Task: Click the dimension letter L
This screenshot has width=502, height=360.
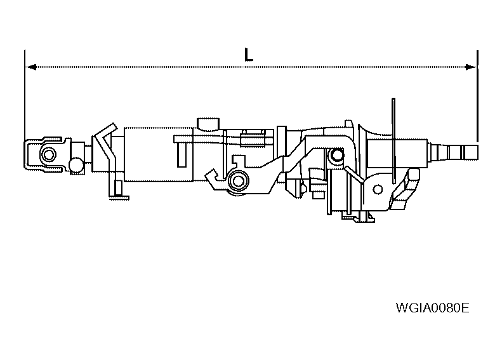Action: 249,55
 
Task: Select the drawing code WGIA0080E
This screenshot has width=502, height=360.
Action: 432,309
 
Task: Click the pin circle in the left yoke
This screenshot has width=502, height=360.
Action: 48,153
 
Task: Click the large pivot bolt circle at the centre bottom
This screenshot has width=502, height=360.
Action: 239,181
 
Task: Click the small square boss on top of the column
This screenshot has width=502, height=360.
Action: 208,122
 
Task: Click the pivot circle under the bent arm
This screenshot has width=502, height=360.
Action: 334,154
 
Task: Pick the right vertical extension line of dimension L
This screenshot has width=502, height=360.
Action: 477,95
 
